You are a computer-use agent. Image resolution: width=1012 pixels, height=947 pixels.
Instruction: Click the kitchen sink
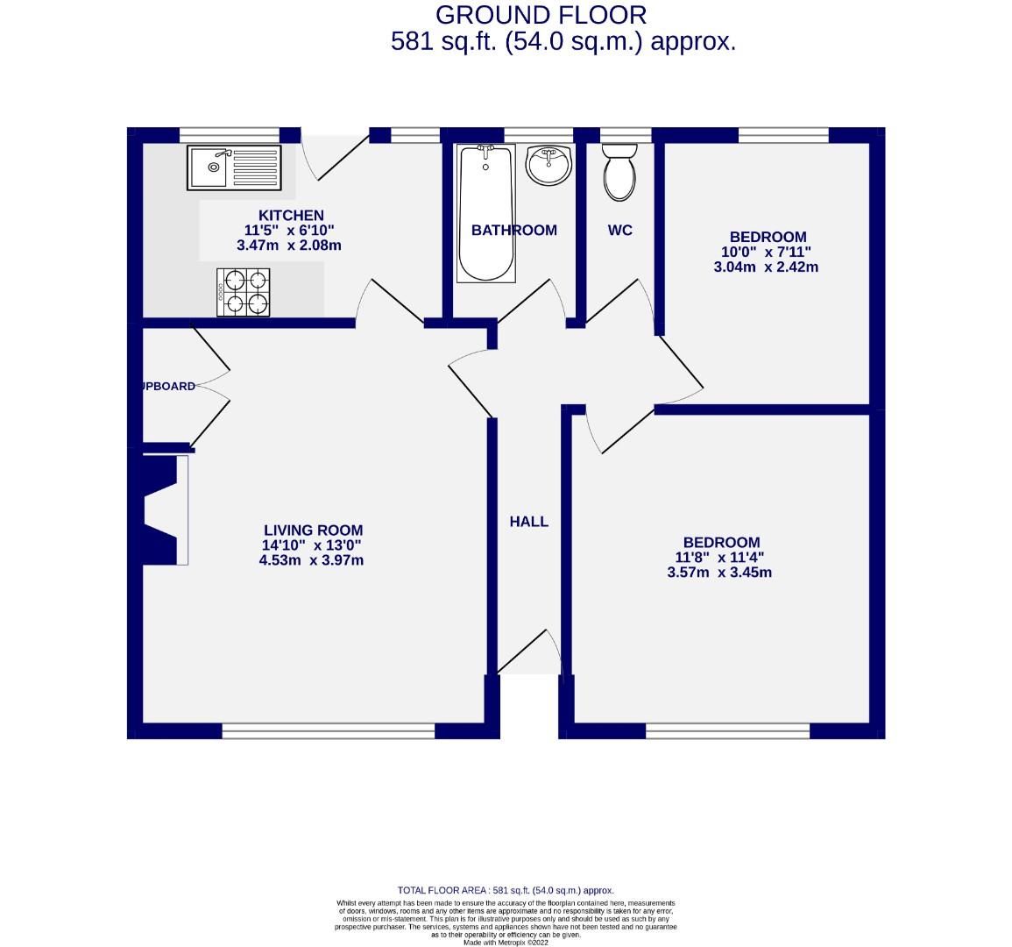[232, 167]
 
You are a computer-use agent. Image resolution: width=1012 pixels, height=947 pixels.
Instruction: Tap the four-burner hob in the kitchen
[244, 292]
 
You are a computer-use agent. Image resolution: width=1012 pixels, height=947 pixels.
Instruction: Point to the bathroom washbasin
[548, 165]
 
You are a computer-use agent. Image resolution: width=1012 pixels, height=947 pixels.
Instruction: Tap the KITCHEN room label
[291, 216]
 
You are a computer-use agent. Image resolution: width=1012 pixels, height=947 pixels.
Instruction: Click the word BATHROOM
[513, 231]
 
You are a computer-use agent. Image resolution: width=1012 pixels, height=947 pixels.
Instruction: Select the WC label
[619, 231]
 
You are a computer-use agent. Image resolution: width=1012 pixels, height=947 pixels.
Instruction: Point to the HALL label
[529, 522]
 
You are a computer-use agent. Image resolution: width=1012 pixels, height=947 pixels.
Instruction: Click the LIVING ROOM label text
[313, 530]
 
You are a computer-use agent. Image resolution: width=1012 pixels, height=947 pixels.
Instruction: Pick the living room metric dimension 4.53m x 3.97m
[311, 560]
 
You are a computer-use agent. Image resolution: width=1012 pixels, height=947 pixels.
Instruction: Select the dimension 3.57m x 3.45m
[718, 573]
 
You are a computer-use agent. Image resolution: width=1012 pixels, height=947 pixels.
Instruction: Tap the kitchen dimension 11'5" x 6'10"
[289, 231]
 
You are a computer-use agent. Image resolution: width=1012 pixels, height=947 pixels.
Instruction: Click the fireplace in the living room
[162, 509]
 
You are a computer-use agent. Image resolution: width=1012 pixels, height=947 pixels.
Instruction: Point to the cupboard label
[170, 386]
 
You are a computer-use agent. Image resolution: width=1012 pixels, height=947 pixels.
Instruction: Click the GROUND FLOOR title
[541, 15]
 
